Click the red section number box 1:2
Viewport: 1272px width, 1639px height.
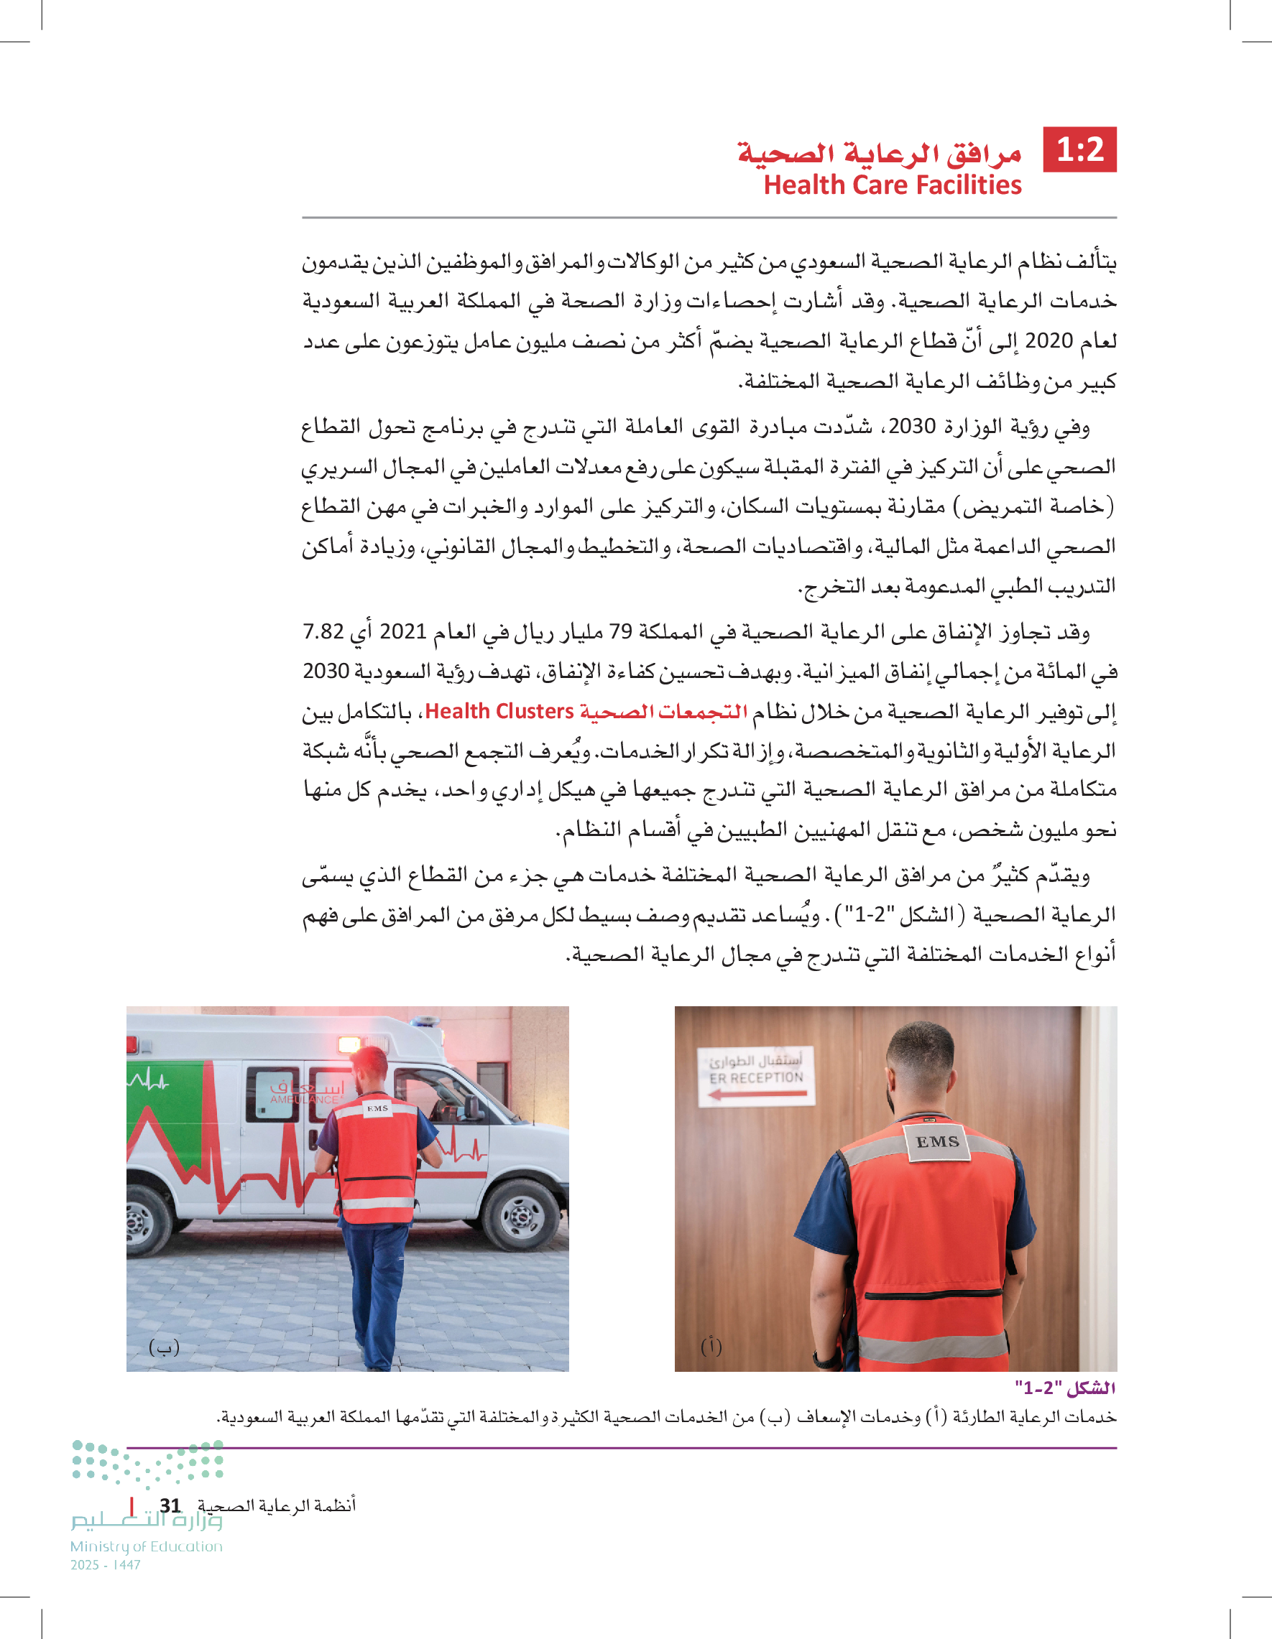click(1080, 149)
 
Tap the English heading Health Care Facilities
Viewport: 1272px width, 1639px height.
click(892, 185)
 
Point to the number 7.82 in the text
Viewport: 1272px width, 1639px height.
click(323, 631)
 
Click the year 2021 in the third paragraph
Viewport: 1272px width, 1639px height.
click(402, 631)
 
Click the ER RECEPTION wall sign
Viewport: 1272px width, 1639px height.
click(755, 1077)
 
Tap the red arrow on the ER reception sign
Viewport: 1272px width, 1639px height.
click(757, 1095)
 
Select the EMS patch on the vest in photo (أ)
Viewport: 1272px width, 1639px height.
click(937, 1141)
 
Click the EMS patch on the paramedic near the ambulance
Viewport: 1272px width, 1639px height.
click(377, 1108)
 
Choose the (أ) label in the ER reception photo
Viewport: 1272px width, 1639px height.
click(711, 1346)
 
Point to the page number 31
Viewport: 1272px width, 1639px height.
click(170, 1505)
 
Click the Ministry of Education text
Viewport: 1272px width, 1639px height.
click(147, 1546)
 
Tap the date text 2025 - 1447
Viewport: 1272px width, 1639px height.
click(105, 1565)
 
